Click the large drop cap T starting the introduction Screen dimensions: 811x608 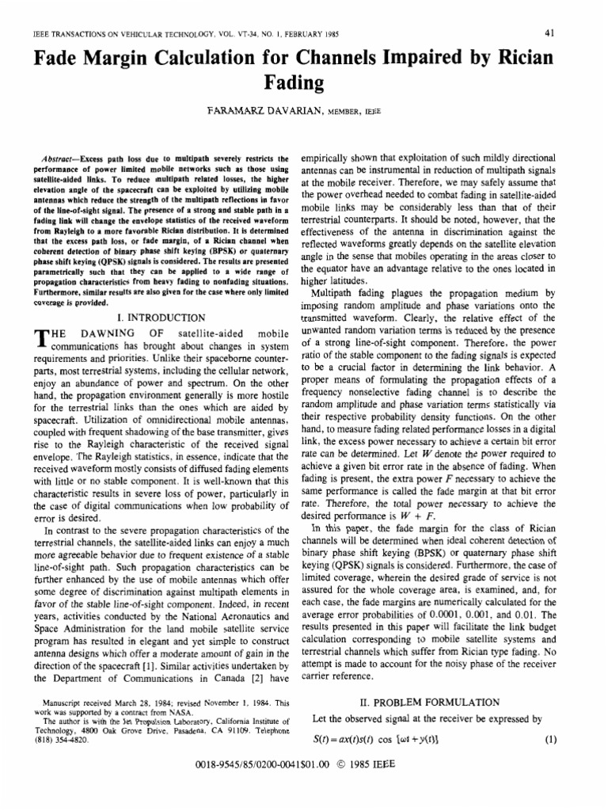(42, 339)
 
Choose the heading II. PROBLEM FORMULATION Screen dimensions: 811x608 (428, 702)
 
